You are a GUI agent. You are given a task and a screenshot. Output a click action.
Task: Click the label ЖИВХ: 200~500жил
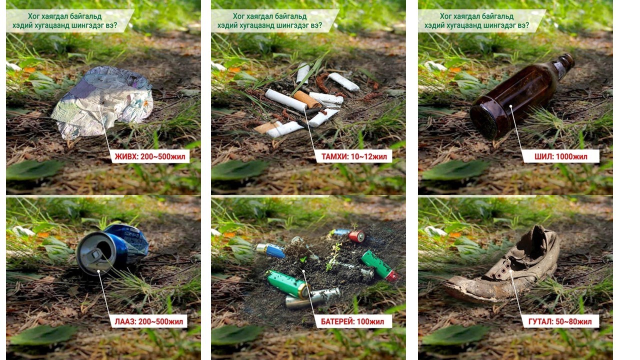(149, 156)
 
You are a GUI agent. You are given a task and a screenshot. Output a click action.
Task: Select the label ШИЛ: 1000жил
(560, 156)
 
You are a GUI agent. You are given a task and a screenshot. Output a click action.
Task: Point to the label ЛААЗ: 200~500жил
(148, 321)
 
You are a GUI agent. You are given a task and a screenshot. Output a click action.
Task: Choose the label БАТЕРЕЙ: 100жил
(352, 321)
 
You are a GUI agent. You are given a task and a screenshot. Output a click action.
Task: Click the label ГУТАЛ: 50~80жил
(560, 321)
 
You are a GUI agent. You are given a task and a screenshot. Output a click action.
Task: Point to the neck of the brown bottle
(563, 64)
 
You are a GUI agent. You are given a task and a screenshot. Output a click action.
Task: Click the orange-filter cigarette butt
(307, 99)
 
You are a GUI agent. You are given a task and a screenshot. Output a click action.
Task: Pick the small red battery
(356, 236)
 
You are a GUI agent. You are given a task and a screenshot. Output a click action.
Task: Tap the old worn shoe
(503, 265)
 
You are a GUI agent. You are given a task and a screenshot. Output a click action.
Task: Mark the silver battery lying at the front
(313, 297)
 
